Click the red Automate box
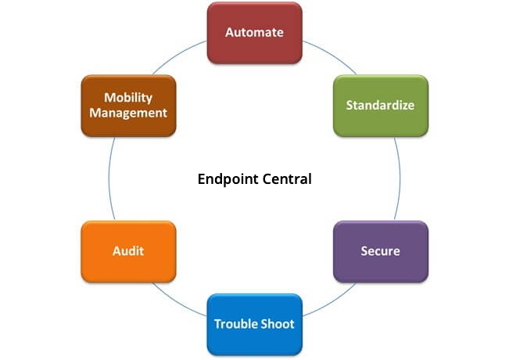[254, 33]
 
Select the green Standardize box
[381, 105]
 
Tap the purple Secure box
[381, 251]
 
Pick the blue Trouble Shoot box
[254, 324]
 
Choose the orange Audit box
[127, 251]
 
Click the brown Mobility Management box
[127, 105]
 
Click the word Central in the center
[285, 179]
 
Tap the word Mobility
[128, 98]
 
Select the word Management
[128, 113]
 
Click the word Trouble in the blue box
[238, 324]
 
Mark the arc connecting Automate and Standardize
[328, 55]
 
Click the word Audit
[127, 251]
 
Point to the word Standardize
[381, 105]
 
